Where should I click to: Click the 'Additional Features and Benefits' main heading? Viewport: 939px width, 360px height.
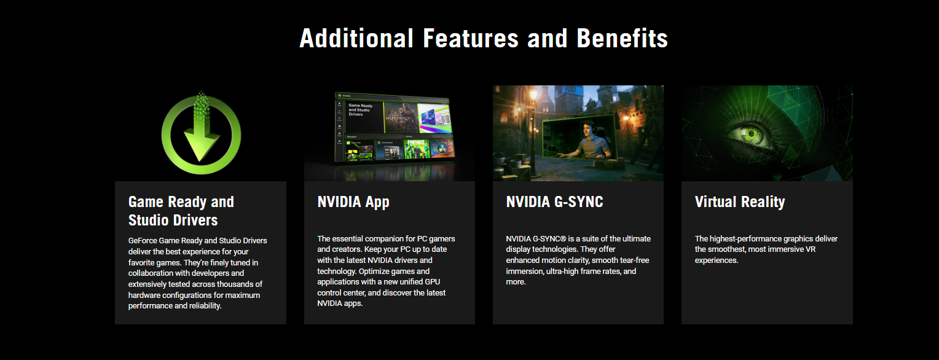click(x=484, y=39)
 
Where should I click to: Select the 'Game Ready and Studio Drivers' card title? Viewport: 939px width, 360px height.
click(x=181, y=211)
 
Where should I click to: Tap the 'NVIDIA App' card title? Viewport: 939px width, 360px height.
click(x=353, y=202)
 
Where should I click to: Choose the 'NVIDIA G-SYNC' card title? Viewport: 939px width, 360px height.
click(x=554, y=202)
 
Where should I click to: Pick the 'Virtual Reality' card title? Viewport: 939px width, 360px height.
click(x=740, y=202)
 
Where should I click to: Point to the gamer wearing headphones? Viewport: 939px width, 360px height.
click(x=591, y=141)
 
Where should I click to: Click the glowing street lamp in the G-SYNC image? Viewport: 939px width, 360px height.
click(x=533, y=96)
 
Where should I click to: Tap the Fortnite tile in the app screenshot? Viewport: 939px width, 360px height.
click(x=417, y=149)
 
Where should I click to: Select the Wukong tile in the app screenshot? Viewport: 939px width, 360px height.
click(x=401, y=117)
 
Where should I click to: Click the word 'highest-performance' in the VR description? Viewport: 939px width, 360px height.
click(x=744, y=239)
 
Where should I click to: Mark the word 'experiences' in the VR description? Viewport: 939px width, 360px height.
click(x=715, y=260)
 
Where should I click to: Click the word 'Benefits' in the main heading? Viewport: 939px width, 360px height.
click(x=622, y=39)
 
